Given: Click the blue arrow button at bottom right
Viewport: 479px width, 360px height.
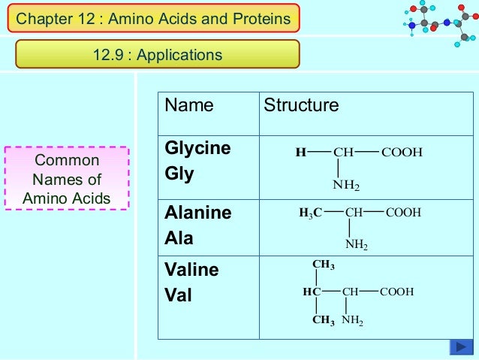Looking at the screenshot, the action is (x=460, y=346).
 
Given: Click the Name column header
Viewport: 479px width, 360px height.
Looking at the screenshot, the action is (x=189, y=105).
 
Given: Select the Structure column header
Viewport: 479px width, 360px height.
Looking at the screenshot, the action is (x=301, y=105).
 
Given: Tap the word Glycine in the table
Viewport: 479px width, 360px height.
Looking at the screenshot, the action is (x=197, y=148).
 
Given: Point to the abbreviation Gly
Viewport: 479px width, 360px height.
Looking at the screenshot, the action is (x=179, y=174).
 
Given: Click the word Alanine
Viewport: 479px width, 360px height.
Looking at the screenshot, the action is (x=198, y=213).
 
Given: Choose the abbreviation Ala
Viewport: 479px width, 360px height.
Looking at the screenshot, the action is (x=179, y=239).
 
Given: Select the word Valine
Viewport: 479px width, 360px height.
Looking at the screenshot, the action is (x=191, y=270).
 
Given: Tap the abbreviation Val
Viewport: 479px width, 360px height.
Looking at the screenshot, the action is (x=178, y=295).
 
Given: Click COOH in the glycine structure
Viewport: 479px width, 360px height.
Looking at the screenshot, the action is (x=402, y=153).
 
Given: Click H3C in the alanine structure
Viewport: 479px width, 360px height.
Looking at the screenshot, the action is (x=311, y=213).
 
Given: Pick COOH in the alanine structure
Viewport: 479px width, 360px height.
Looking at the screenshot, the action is (x=402, y=213).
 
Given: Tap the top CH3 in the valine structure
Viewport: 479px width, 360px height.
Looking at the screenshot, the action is (x=323, y=265).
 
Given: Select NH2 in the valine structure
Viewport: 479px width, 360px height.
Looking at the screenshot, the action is (x=352, y=321).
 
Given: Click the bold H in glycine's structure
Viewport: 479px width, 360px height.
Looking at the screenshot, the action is (x=300, y=153).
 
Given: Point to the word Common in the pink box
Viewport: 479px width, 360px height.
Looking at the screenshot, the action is (x=67, y=161).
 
